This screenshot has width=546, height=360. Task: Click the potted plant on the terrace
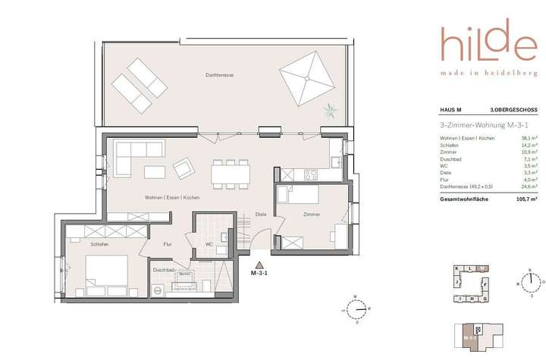329,112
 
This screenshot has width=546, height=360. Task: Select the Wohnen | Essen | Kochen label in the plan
172,197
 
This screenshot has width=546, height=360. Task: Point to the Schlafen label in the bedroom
99,246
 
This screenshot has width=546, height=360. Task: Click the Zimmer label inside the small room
310,214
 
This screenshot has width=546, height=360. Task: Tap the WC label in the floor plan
209,244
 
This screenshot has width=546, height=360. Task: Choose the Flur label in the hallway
168,244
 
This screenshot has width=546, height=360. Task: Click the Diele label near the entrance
262,214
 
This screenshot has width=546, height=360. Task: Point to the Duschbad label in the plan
165,270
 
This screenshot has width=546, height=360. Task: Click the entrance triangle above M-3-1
260,265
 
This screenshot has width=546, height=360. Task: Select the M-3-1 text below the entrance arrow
260,274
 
